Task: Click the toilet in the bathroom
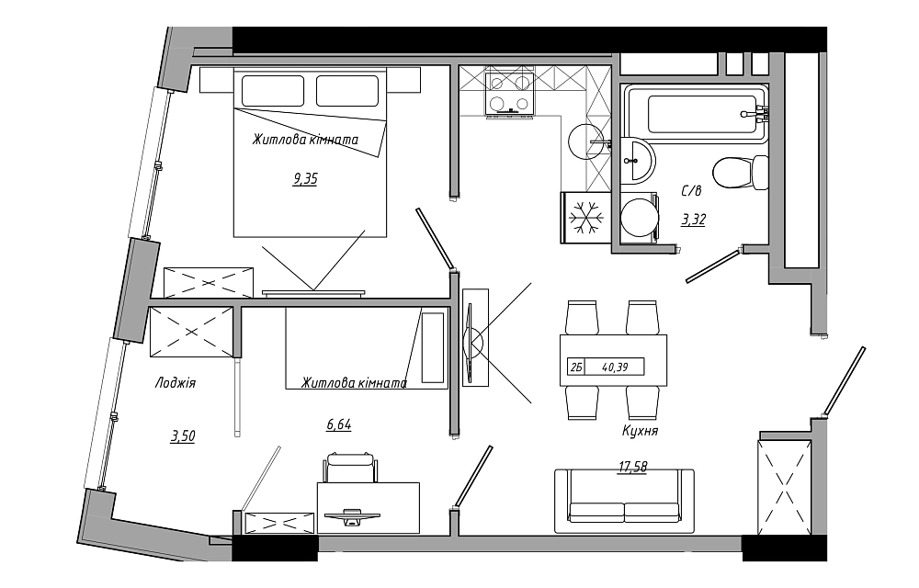click(x=741, y=173)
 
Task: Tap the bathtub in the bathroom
click(x=695, y=114)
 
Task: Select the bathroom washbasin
click(x=637, y=160)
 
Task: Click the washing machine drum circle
click(x=639, y=219)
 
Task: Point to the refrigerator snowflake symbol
click(x=586, y=217)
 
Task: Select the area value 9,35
click(x=305, y=178)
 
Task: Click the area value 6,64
click(x=339, y=424)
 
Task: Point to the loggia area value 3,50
click(x=183, y=436)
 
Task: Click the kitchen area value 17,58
click(x=633, y=467)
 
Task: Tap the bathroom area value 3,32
click(x=693, y=220)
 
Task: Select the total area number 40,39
click(x=615, y=367)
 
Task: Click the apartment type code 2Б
click(x=575, y=367)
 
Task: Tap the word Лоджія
click(x=176, y=383)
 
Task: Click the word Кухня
click(x=640, y=431)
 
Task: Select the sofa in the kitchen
click(x=624, y=501)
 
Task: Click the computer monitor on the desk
click(x=352, y=515)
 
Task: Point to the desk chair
click(x=350, y=468)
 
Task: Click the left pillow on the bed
click(x=273, y=91)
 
